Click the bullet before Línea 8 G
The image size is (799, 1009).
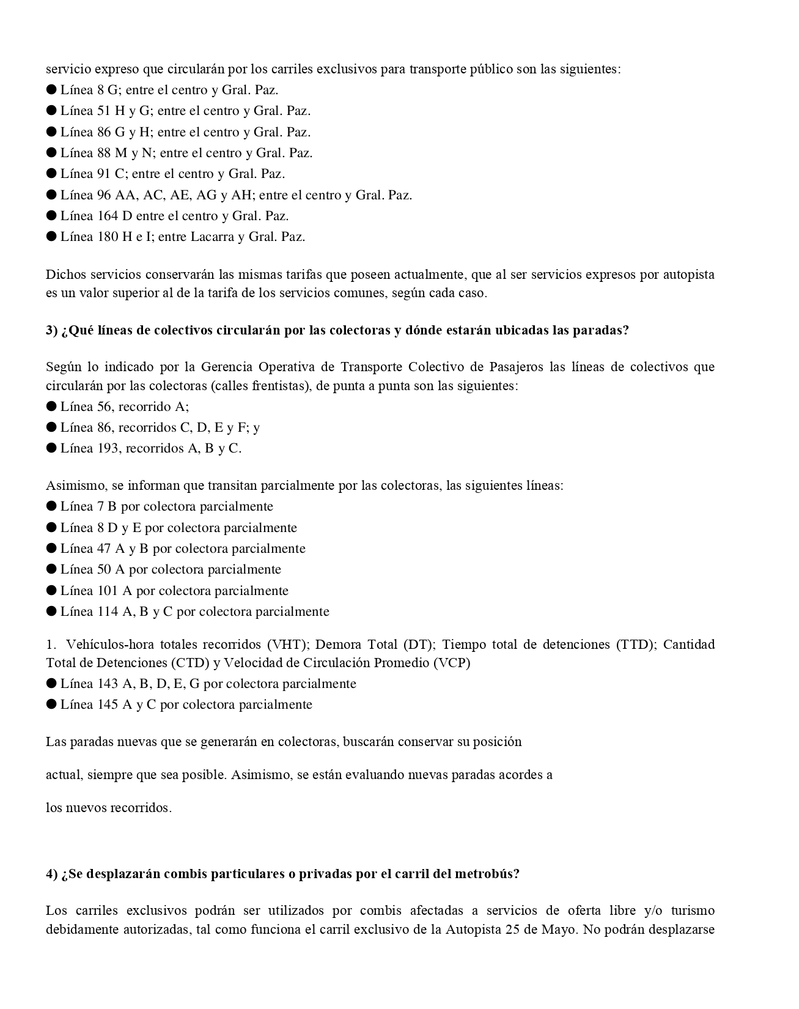click(51, 90)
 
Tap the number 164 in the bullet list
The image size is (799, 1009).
click(107, 216)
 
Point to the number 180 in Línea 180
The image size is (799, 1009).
click(107, 237)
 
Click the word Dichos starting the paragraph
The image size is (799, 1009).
click(65, 275)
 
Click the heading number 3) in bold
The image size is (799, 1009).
click(51, 330)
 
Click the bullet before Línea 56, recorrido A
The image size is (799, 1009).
click(51, 407)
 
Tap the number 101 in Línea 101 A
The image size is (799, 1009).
click(107, 591)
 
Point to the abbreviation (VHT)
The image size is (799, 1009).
click(282, 645)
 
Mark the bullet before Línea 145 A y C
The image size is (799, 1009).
click(51, 704)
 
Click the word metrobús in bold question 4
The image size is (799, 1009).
click(487, 874)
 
